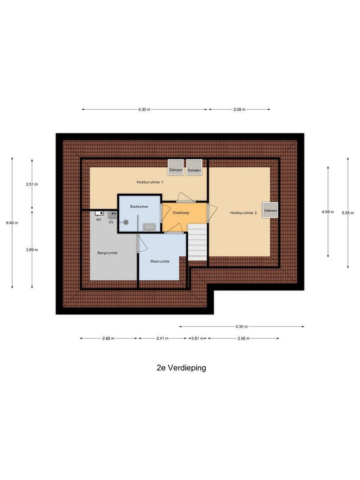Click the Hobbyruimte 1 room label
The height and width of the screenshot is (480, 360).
[150, 182]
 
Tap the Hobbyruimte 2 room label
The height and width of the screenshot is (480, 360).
[244, 213]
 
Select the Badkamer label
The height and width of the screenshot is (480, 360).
[139, 207]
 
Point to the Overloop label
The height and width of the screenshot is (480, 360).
[181, 213]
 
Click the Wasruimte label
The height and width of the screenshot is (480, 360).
[160, 261]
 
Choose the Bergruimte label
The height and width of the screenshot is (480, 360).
[107, 253]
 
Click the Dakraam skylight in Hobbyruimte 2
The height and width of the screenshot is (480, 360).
[270, 211]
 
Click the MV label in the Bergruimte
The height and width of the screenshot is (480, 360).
[99, 220]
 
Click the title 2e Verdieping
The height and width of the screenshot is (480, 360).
[181, 368]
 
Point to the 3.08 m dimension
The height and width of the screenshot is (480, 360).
[240, 109]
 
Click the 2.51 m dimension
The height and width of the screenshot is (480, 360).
[32, 184]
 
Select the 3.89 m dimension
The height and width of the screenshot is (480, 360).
[32, 250]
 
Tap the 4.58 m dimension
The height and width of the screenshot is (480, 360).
[328, 212]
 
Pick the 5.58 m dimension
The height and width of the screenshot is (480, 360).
[348, 213]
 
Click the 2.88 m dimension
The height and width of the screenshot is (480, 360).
[108, 339]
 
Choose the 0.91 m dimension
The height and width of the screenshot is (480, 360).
[197, 339]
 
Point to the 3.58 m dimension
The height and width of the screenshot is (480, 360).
[244, 339]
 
